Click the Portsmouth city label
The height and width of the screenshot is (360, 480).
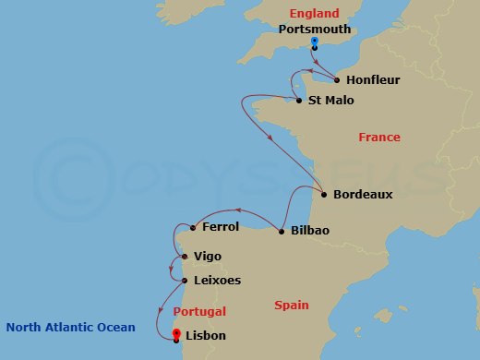click(315, 29)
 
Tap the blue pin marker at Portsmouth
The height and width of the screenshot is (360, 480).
click(315, 42)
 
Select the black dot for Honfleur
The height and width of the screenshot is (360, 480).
click(337, 79)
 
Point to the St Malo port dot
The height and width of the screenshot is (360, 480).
click(298, 100)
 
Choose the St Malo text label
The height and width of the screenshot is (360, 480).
click(331, 101)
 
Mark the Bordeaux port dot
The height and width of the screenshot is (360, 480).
click(324, 194)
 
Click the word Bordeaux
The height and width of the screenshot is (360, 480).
click(364, 195)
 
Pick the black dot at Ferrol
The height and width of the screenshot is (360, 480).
click(192, 227)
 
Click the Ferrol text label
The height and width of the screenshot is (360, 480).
click(221, 227)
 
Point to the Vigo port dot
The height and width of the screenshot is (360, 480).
click(185, 257)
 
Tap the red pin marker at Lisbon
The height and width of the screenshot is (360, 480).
click(176, 333)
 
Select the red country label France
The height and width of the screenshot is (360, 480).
click(379, 138)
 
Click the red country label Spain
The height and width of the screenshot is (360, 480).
click(292, 305)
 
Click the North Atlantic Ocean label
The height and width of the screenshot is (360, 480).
click(70, 327)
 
